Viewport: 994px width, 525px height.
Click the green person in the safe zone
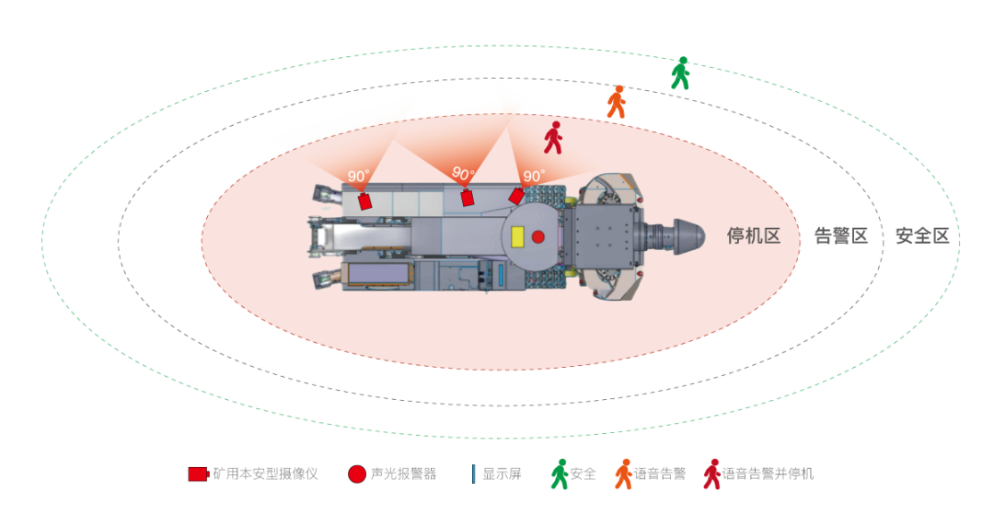tap(680, 74)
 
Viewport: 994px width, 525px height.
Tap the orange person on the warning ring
tap(617, 102)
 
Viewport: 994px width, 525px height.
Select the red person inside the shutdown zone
tap(552, 138)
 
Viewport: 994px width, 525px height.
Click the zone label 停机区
tap(754, 236)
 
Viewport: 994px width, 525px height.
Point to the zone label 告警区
tap(841, 236)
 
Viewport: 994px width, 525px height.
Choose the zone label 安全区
tap(922, 236)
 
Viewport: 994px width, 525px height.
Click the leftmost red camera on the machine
tap(364, 200)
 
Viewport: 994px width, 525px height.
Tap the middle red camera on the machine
tap(467, 197)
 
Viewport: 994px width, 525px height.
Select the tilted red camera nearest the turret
tap(516, 196)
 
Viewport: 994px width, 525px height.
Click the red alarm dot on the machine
tap(538, 237)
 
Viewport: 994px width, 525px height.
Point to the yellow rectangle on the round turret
tap(517, 236)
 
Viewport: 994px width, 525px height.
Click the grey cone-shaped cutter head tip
tap(690, 237)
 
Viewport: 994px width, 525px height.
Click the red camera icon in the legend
tap(198, 474)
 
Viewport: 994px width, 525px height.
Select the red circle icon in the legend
tap(357, 474)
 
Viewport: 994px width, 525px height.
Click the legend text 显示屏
tap(502, 474)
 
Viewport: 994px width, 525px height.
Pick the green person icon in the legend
tap(560, 474)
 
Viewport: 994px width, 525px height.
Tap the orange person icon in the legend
tap(624, 474)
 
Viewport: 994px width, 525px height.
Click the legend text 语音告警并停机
tap(768, 474)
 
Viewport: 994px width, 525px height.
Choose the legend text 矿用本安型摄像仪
tap(265, 474)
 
